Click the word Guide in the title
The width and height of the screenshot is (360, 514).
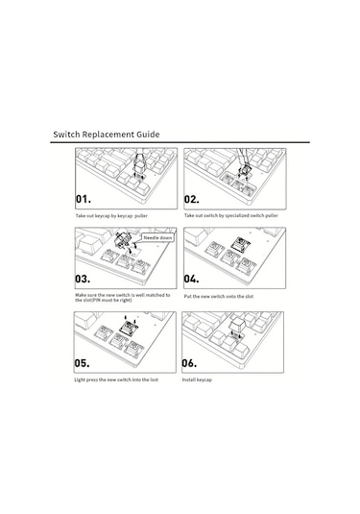[148, 135]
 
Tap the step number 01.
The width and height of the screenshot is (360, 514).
[84, 199]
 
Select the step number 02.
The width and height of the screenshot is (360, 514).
[191, 199]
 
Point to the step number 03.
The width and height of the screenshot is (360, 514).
[83, 279]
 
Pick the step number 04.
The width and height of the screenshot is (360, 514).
[191, 279]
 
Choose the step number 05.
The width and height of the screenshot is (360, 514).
[82, 363]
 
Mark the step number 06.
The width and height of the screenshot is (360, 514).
[189, 363]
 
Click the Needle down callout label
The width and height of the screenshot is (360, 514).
[157, 237]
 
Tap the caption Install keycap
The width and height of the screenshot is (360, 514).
[197, 379]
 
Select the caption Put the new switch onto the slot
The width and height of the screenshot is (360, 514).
[219, 296]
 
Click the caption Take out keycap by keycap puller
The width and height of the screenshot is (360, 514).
[111, 216]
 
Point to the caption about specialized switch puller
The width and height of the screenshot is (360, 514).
[231, 215]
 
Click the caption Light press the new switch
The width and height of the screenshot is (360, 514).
[116, 379]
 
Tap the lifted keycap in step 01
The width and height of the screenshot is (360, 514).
[138, 166]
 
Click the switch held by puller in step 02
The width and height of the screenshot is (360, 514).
[245, 171]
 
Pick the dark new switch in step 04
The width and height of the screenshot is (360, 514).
[241, 244]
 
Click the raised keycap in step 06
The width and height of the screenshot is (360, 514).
[237, 325]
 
